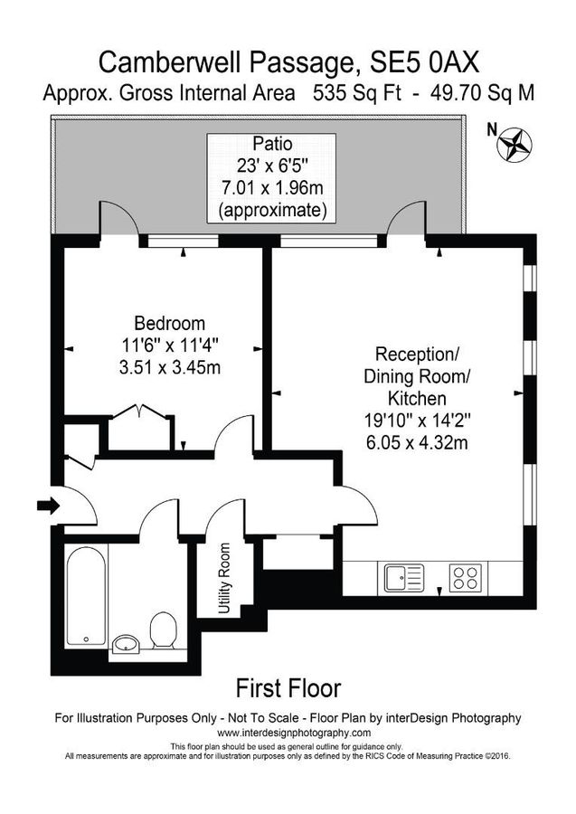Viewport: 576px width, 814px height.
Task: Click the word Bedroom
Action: (169, 323)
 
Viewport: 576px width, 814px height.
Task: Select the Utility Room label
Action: (224, 578)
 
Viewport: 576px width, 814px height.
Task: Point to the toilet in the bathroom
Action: (164, 629)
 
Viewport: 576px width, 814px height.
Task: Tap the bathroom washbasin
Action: (126, 644)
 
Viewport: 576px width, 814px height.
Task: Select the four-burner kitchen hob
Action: (466, 577)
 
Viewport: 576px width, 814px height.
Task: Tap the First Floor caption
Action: (288, 688)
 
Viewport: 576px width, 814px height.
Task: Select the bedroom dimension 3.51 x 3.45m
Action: (169, 367)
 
